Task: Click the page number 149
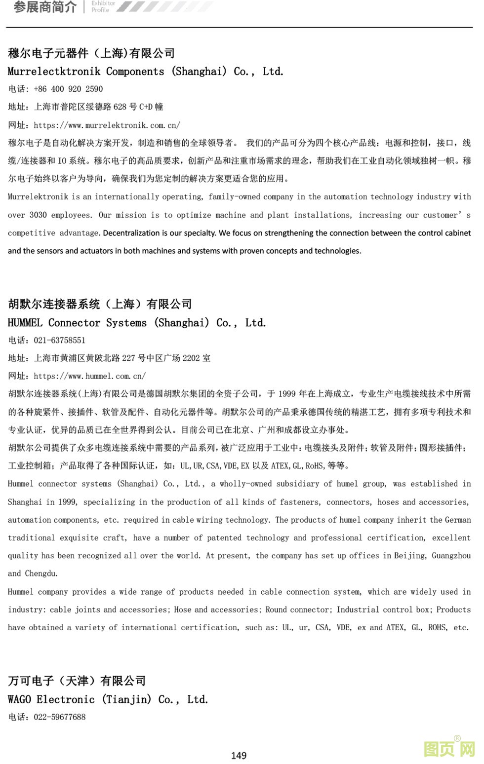click(x=239, y=755)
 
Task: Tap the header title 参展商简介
click(x=45, y=7)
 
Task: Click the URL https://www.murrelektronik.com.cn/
click(x=107, y=125)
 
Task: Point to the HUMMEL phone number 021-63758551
click(x=59, y=340)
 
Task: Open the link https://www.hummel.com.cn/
click(x=89, y=376)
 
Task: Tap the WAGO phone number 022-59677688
click(x=59, y=717)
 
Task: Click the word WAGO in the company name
click(x=19, y=699)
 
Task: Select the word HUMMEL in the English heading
click(x=25, y=323)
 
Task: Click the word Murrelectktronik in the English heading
click(x=54, y=72)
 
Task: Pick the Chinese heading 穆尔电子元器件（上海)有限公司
click(x=91, y=53)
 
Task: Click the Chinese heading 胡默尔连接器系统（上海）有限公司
click(x=100, y=304)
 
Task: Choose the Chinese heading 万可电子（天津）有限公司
click(x=77, y=681)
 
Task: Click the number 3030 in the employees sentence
click(x=38, y=215)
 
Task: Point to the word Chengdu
click(x=41, y=573)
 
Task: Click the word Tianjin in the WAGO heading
click(x=127, y=699)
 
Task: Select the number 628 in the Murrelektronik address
click(x=120, y=107)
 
